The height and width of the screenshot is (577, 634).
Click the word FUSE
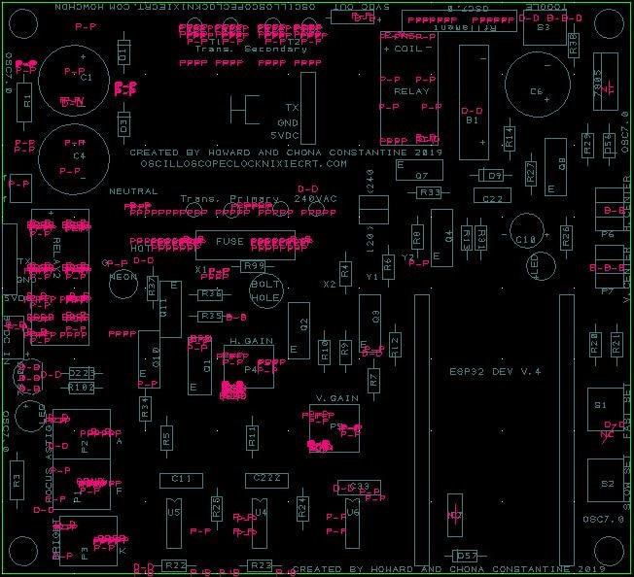230,242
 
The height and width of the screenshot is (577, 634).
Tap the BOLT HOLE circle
265,291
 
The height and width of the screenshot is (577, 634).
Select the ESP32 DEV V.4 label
495,371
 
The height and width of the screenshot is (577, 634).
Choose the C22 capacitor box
493,197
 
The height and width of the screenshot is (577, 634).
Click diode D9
493,176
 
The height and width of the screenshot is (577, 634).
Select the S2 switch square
607,483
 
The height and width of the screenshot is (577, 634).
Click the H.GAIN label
251,342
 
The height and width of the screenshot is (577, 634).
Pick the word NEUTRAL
134,191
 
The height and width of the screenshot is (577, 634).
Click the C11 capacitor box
181,479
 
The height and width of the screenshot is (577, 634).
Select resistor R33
429,193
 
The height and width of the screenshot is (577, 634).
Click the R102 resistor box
82,387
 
